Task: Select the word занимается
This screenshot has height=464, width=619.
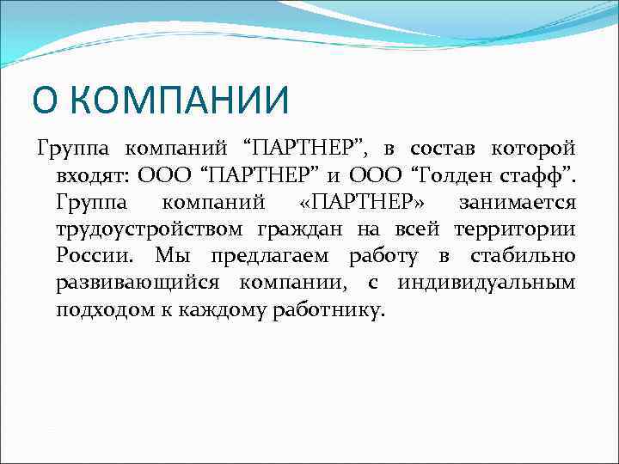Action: pos(517,204)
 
